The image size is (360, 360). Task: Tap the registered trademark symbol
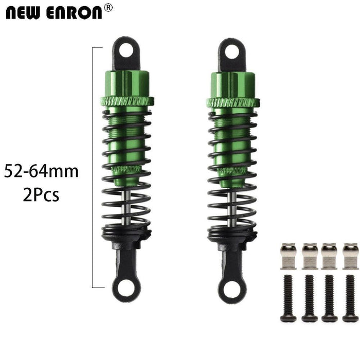tap(109, 7)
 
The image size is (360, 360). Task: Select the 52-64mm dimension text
tap(42, 171)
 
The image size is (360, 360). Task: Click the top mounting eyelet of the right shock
tap(229, 50)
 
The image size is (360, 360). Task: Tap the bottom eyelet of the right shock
tap(229, 281)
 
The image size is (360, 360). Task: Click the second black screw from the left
tap(309, 298)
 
